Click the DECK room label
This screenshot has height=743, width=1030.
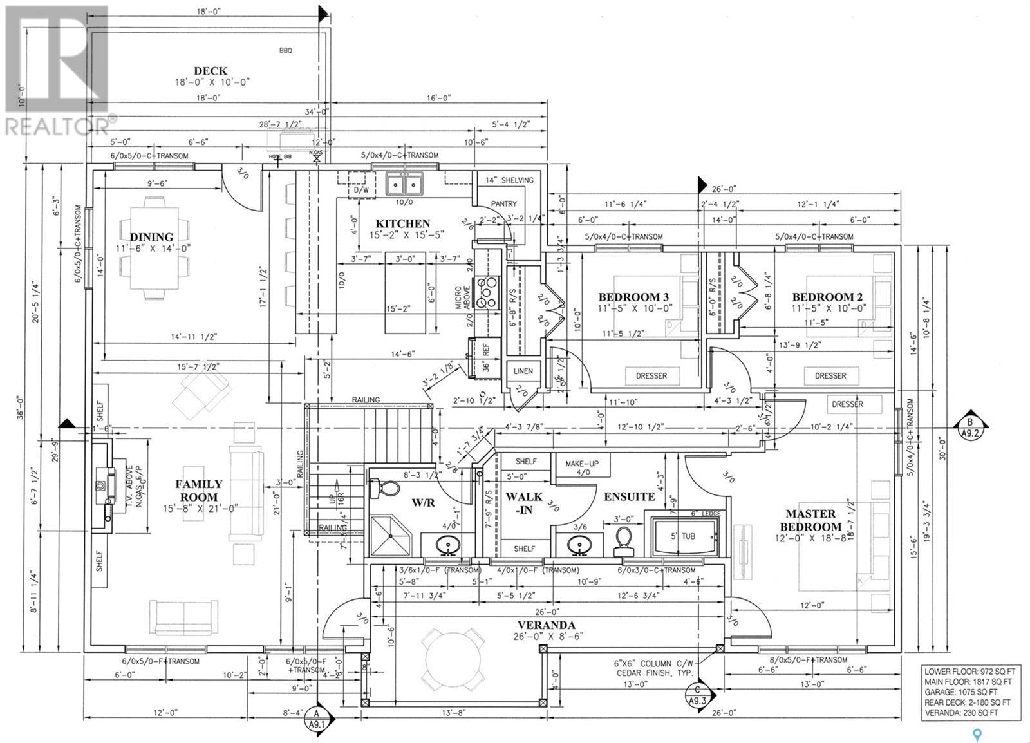[x=211, y=71]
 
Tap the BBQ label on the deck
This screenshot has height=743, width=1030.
[x=285, y=50]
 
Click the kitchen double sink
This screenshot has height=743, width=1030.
[x=403, y=184]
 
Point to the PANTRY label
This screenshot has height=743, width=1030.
[x=503, y=203]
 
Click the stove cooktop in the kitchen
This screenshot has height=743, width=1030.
[x=489, y=292]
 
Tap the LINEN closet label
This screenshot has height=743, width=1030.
[x=523, y=371]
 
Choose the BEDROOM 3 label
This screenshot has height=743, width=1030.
[x=633, y=297]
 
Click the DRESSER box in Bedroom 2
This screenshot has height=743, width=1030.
[x=830, y=375]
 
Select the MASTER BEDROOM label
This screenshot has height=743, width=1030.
[x=810, y=520]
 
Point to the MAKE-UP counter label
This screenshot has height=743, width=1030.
[x=577, y=464]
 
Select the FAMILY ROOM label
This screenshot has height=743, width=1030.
[x=199, y=490]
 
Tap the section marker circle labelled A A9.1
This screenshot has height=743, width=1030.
[x=316, y=717]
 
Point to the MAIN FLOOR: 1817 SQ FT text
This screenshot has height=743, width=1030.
[x=968, y=681]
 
